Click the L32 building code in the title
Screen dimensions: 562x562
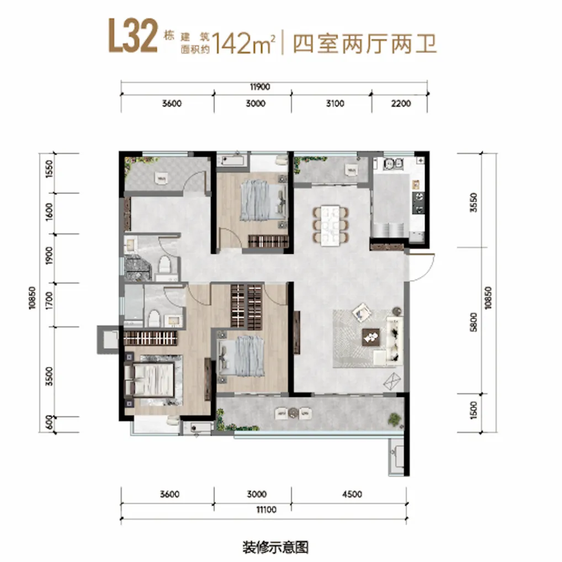click(x=133, y=36)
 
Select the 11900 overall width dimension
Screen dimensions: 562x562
click(x=260, y=87)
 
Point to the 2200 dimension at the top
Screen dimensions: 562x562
click(x=401, y=104)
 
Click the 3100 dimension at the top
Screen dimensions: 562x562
click(x=335, y=104)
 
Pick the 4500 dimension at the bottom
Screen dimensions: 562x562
click(x=352, y=494)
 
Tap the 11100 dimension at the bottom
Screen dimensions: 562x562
click(x=266, y=510)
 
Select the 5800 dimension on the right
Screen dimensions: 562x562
click(x=473, y=322)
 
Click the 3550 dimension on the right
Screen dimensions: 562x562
click(x=473, y=203)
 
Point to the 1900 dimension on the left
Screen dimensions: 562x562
click(x=49, y=256)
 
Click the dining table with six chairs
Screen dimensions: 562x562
click(x=330, y=225)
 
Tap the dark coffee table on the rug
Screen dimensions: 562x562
click(x=371, y=337)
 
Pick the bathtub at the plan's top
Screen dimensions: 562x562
click(x=232, y=160)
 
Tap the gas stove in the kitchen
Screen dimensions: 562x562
click(x=418, y=203)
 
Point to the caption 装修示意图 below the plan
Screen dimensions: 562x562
click(x=275, y=547)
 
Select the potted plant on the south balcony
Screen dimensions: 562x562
click(x=394, y=419)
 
